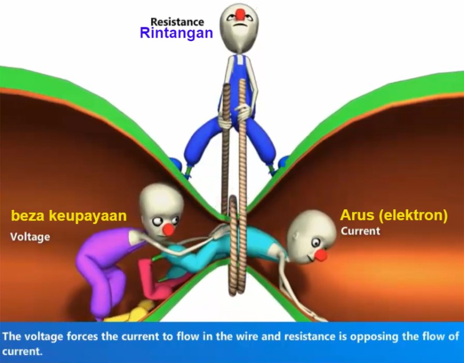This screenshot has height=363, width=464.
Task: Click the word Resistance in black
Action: coord(177,22)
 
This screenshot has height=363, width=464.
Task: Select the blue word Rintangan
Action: coord(176,33)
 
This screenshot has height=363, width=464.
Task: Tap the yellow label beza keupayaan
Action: coord(69,216)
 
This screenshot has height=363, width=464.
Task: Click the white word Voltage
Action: coord(30,237)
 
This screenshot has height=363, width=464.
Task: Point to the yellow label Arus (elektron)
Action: coord(394,215)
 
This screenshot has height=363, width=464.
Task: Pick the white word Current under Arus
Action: coord(360,231)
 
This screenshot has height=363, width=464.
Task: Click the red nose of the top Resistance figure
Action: coord(241,15)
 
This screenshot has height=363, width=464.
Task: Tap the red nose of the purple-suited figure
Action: coord(168,230)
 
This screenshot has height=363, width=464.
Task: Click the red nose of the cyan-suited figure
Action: coord(321,255)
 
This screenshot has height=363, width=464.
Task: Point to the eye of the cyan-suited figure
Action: coord(316,243)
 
